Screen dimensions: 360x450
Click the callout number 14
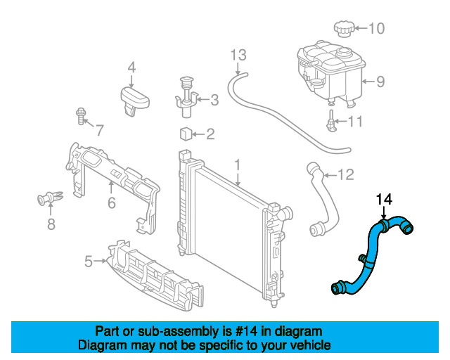[383, 200]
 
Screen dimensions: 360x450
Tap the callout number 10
[377, 29]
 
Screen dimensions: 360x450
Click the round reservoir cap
[343, 30]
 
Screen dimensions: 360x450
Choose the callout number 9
[380, 82]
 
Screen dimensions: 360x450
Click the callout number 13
[238, 54]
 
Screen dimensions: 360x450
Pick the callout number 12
[346, 174]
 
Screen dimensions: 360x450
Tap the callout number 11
[356, 122]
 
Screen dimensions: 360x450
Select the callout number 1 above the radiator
[238, 165]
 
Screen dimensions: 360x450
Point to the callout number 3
[214, 101]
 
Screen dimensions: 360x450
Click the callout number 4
[131, 67]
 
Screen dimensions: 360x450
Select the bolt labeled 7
[80, 115]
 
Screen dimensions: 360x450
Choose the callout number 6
[111, 203]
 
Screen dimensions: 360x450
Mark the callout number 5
[89, 262]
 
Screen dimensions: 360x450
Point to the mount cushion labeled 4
[134, 98]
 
